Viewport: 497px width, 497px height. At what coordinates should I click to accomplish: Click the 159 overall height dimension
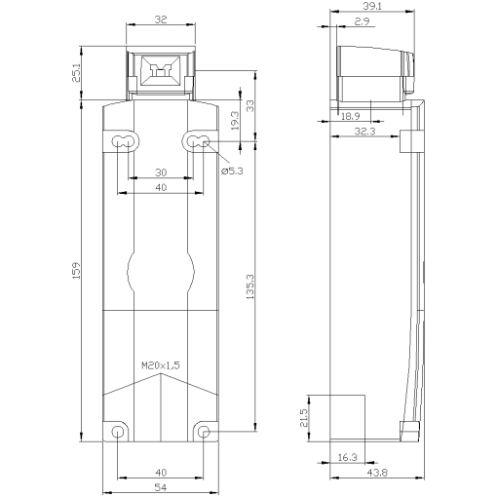77,267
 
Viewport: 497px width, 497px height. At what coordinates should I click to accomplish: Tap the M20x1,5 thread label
161,365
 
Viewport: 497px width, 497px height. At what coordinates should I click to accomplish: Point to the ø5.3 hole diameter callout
233,171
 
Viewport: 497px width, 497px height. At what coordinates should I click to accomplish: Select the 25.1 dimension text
77,72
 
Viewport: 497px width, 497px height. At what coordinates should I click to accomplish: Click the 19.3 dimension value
234,121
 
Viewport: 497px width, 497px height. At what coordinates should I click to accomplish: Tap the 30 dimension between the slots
161,172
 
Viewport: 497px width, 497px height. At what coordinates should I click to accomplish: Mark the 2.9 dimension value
362,20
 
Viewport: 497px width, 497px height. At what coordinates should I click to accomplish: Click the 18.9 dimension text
349,115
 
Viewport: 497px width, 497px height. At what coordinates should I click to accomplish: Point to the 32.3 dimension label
366,130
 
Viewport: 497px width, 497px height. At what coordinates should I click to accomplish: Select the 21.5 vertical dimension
303,418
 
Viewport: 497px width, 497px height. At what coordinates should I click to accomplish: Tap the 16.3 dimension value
347,456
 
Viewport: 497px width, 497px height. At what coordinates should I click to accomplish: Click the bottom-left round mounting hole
118,432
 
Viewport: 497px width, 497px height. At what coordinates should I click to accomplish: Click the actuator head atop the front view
161,72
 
